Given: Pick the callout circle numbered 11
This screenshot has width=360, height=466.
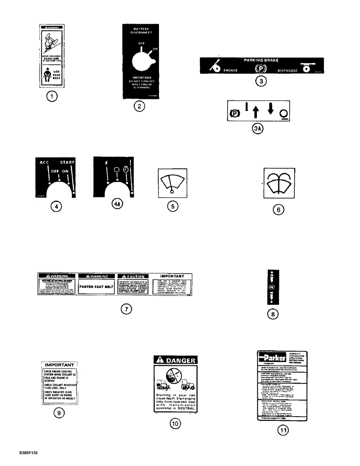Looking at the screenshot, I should point(284,431).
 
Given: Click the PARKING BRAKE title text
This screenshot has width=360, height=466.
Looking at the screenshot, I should point(263,60).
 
